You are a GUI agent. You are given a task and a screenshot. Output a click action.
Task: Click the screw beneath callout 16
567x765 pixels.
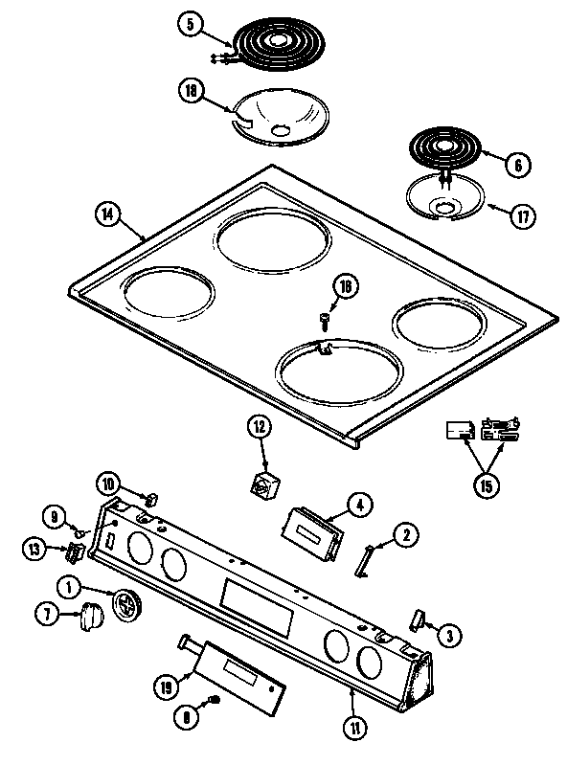pyautogui.click(x=325, y=316)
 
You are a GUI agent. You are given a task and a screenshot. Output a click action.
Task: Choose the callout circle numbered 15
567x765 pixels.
pyautogui.click(x=486, y=485)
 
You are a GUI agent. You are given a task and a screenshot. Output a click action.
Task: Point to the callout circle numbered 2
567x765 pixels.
pyautogui.click(x=406, y=537)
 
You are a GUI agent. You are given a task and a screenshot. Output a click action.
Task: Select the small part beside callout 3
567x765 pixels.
pyautogui.click(x=418, y=619)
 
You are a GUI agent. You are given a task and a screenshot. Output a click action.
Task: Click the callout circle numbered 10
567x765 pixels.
pyautogui.click(x=108, y=483)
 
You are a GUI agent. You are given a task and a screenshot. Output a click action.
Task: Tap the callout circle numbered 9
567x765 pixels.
pyautogui.click(x=56, y=518)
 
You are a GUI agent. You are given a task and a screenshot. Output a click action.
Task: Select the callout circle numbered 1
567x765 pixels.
pyautogui.click(x=69, y=587)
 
